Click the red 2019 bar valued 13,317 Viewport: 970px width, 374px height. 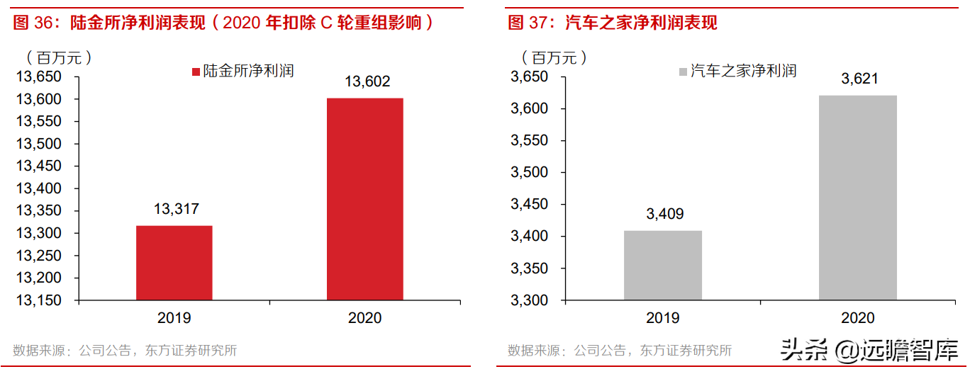coord(174,262)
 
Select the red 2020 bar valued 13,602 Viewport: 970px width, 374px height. coord(365,198)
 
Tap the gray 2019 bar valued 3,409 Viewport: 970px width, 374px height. coord(663,265)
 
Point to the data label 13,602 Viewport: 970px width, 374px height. coord(367,82)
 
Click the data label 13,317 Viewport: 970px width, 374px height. coord(176,209)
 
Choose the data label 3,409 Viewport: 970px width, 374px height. coord(664,214)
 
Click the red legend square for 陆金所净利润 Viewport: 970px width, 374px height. coord(196,72)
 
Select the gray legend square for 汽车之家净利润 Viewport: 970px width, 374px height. coord(684,72)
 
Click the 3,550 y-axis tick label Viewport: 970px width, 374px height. coord(530,140)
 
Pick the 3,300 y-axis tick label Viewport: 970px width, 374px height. coord(530,300)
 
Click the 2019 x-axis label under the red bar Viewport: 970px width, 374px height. coord(174,318)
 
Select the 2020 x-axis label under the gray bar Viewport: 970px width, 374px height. coord(858,318)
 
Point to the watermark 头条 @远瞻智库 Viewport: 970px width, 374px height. coord(869,349)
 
